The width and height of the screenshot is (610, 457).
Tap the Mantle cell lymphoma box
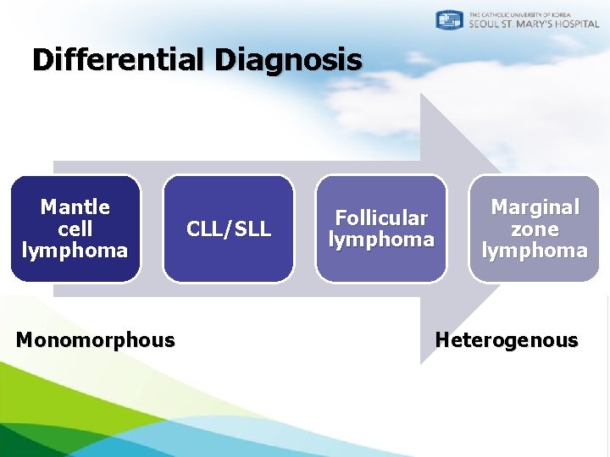tap(75, 228)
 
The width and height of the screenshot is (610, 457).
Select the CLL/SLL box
tap(229, 228)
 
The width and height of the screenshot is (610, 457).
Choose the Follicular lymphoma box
tap(381, 228)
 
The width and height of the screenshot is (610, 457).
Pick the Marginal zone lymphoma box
tap(535, 228)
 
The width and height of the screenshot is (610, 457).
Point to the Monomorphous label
tap(96, 340)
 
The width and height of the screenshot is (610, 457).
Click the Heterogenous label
tap(507, 340)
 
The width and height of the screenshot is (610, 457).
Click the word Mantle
tap(75, 207)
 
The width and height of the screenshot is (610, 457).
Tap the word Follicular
tap(381, 218)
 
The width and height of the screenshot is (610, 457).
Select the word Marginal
tap(535, 207)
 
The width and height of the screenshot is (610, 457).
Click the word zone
tap(535, 229)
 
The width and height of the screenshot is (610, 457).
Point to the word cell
tap(75, 229)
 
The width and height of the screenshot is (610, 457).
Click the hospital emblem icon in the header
tap(449, 20)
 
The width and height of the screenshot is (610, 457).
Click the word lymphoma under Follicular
tap(381, 240)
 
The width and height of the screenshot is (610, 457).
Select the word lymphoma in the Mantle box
tap(75, 251)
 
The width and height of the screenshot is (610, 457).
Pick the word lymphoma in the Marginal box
tap(535, 251)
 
